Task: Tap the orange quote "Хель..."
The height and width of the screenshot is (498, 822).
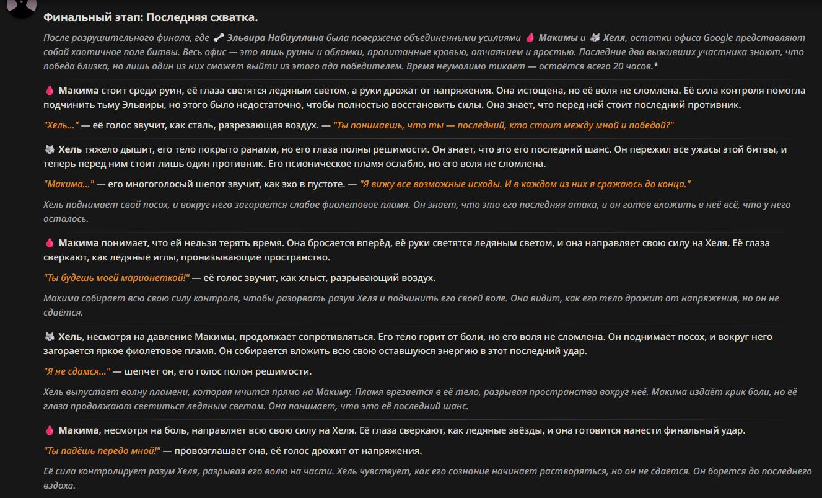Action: click(61, 125)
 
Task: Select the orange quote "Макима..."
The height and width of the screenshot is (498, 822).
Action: click(69, 184)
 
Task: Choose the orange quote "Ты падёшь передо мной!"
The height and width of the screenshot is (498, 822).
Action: click(102, 450)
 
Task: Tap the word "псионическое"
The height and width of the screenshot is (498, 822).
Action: click(307, 164)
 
